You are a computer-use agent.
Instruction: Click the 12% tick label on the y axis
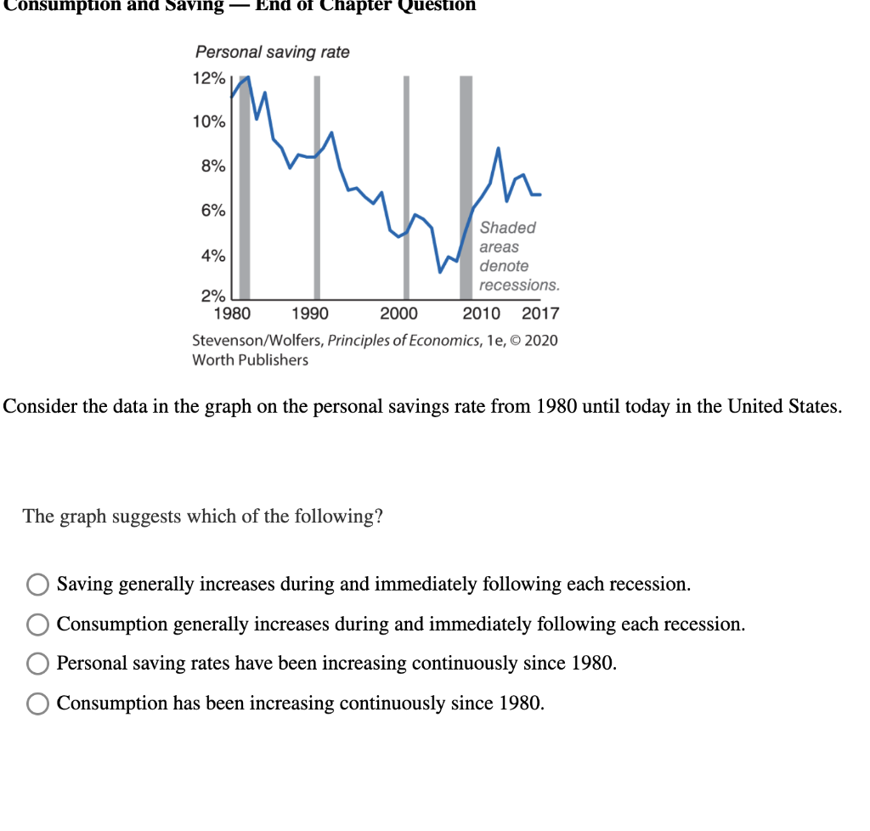[x=209, y=79]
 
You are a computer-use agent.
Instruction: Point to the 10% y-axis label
[x=209, y=122]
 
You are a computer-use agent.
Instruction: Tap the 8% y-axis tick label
[x=213, y=167]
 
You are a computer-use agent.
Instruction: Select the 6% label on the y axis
[x=213, y=211]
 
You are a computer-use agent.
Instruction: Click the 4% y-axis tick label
[x=213, y=256]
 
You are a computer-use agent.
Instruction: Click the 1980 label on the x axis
[x=232, y=314]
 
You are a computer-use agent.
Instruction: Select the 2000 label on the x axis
[x=398, y=314]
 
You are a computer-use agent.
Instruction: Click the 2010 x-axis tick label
[x=482, y=314]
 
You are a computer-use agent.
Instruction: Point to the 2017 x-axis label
[x=540, y=314]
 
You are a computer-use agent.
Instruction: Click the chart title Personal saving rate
[x=272, y=53]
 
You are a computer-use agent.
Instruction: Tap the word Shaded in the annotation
[x=508, y=228]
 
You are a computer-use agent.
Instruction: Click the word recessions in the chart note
[x=519, y=285]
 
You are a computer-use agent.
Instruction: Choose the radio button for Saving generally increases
[x=37, y=585]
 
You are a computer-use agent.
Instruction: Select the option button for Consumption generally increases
[x=37, y=625]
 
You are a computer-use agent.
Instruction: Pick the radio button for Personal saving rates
[x=37, y=664]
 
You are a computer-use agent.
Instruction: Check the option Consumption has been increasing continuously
[x=37, y=704]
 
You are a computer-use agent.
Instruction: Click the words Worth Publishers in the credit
[x=251, y=359]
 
